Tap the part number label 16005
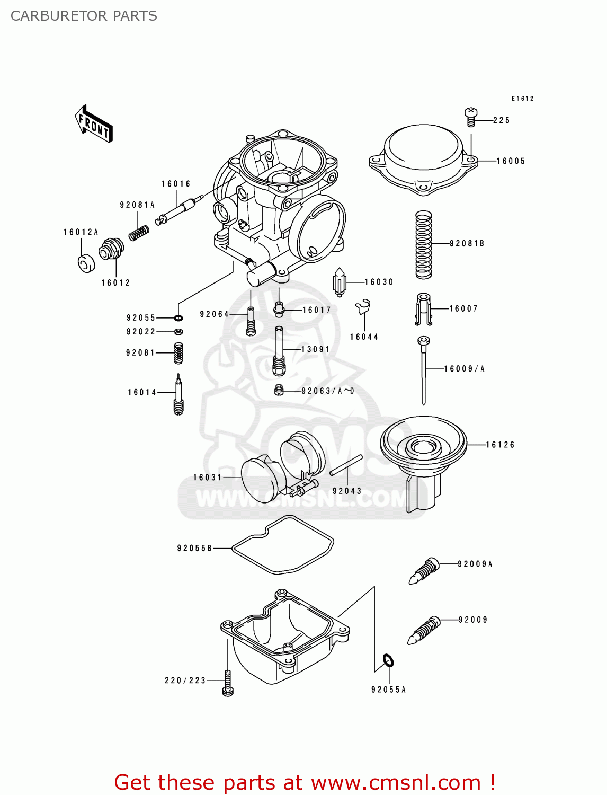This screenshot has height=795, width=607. pyautogui.click(x=511, y=161)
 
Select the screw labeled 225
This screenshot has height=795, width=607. pyautogui.click(x=471, y=117)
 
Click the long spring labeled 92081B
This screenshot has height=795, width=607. pyautogui.click(x=423, y=244)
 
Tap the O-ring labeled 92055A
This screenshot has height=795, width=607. pyautogui.click(x=388, y=661)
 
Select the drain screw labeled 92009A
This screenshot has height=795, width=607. pyautogui.click(x=424, y=571)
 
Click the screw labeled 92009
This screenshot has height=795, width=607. pyautogui.click(x=424, y=630)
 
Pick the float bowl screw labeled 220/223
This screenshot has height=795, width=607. pyautogui.click(x=228, y=683)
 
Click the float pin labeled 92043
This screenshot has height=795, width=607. pyautogui.click(x=346, y=465)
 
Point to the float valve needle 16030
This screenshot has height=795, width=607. pyautogui.click(x=339, y=282)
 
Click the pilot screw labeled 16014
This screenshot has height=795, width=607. pyautogui.click(x=178, y=395)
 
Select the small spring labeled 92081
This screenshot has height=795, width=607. pyautogui.click(x=178, y=353)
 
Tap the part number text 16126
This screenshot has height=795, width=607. pyautogui.click(x=500, y=445)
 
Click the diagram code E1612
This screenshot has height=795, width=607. pyautogui.click(x=522, y=99)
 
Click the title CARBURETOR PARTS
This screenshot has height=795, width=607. pyautogui.click(x=84, y=16)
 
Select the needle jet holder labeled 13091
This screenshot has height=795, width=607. pyautogui.click(x=279, y=350)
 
